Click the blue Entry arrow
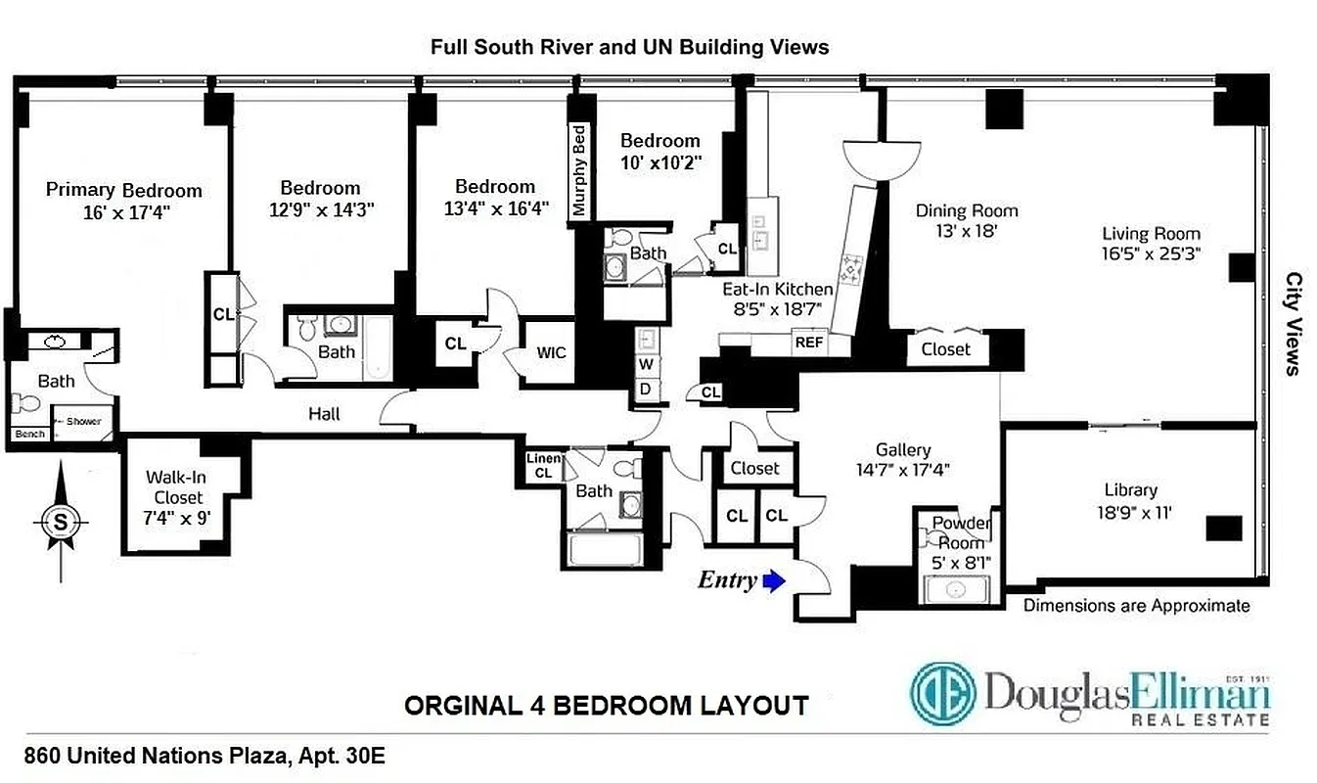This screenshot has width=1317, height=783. pos(774,582)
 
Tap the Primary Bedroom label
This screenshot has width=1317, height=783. pos(123,190)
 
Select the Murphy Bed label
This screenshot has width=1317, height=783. pos(579,170)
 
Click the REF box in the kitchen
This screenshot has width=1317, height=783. pos(808,343)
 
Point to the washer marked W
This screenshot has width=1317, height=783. pos(646,365)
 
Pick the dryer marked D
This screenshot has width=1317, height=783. pos(646,389)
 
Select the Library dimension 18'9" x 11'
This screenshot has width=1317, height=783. pos(1130,511)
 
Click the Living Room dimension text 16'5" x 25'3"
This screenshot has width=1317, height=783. pos(1151,253)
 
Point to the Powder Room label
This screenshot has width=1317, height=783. pos(961,531)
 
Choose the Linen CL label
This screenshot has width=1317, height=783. pos(544,466)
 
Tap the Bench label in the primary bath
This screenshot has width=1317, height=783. pos(29,434)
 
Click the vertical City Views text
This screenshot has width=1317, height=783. pos(1292,323)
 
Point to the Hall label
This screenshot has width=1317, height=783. pos(324,414)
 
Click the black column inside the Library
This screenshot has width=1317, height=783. pos(1223,529)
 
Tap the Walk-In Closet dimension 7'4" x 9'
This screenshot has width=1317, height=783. pos(177,518)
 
